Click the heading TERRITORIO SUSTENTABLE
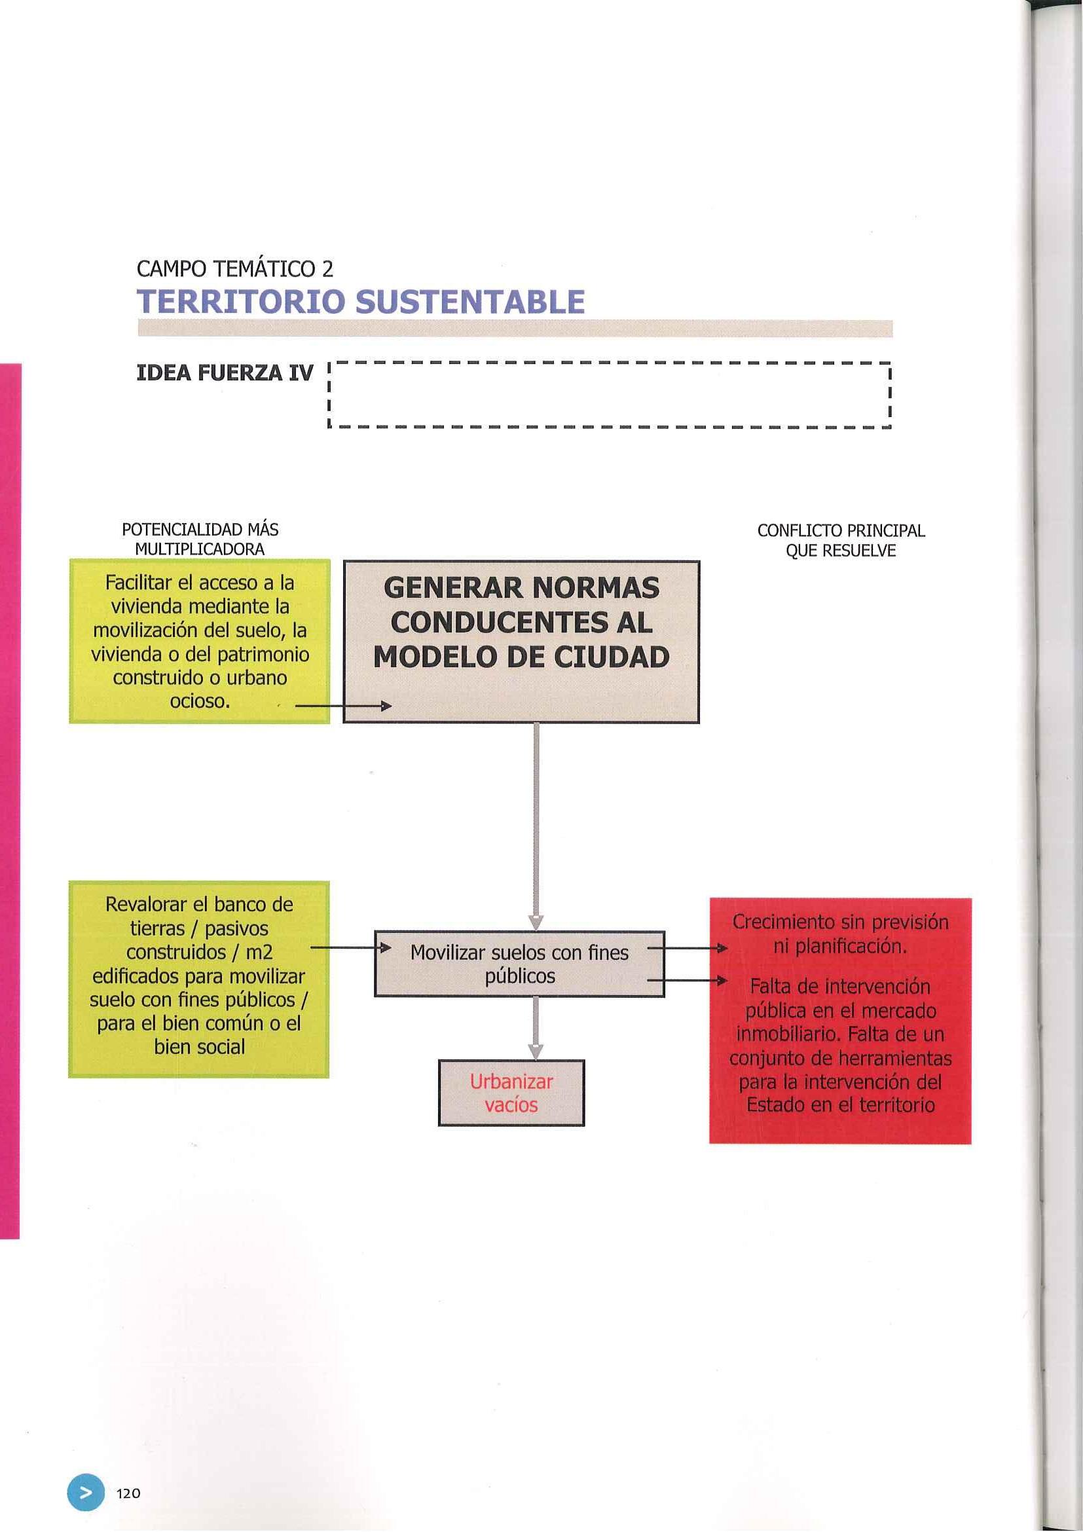360,302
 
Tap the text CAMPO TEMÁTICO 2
234,269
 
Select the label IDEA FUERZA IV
224,374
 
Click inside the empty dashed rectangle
610,395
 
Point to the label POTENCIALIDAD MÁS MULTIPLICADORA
200,539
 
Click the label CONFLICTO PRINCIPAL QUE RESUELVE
841,541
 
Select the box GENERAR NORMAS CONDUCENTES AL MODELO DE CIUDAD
521,640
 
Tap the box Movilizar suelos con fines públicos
519,964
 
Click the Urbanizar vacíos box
511,1093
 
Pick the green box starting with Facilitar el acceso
200,640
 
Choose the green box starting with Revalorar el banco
199,979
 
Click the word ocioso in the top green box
200,701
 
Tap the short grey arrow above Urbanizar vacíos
536,1029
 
